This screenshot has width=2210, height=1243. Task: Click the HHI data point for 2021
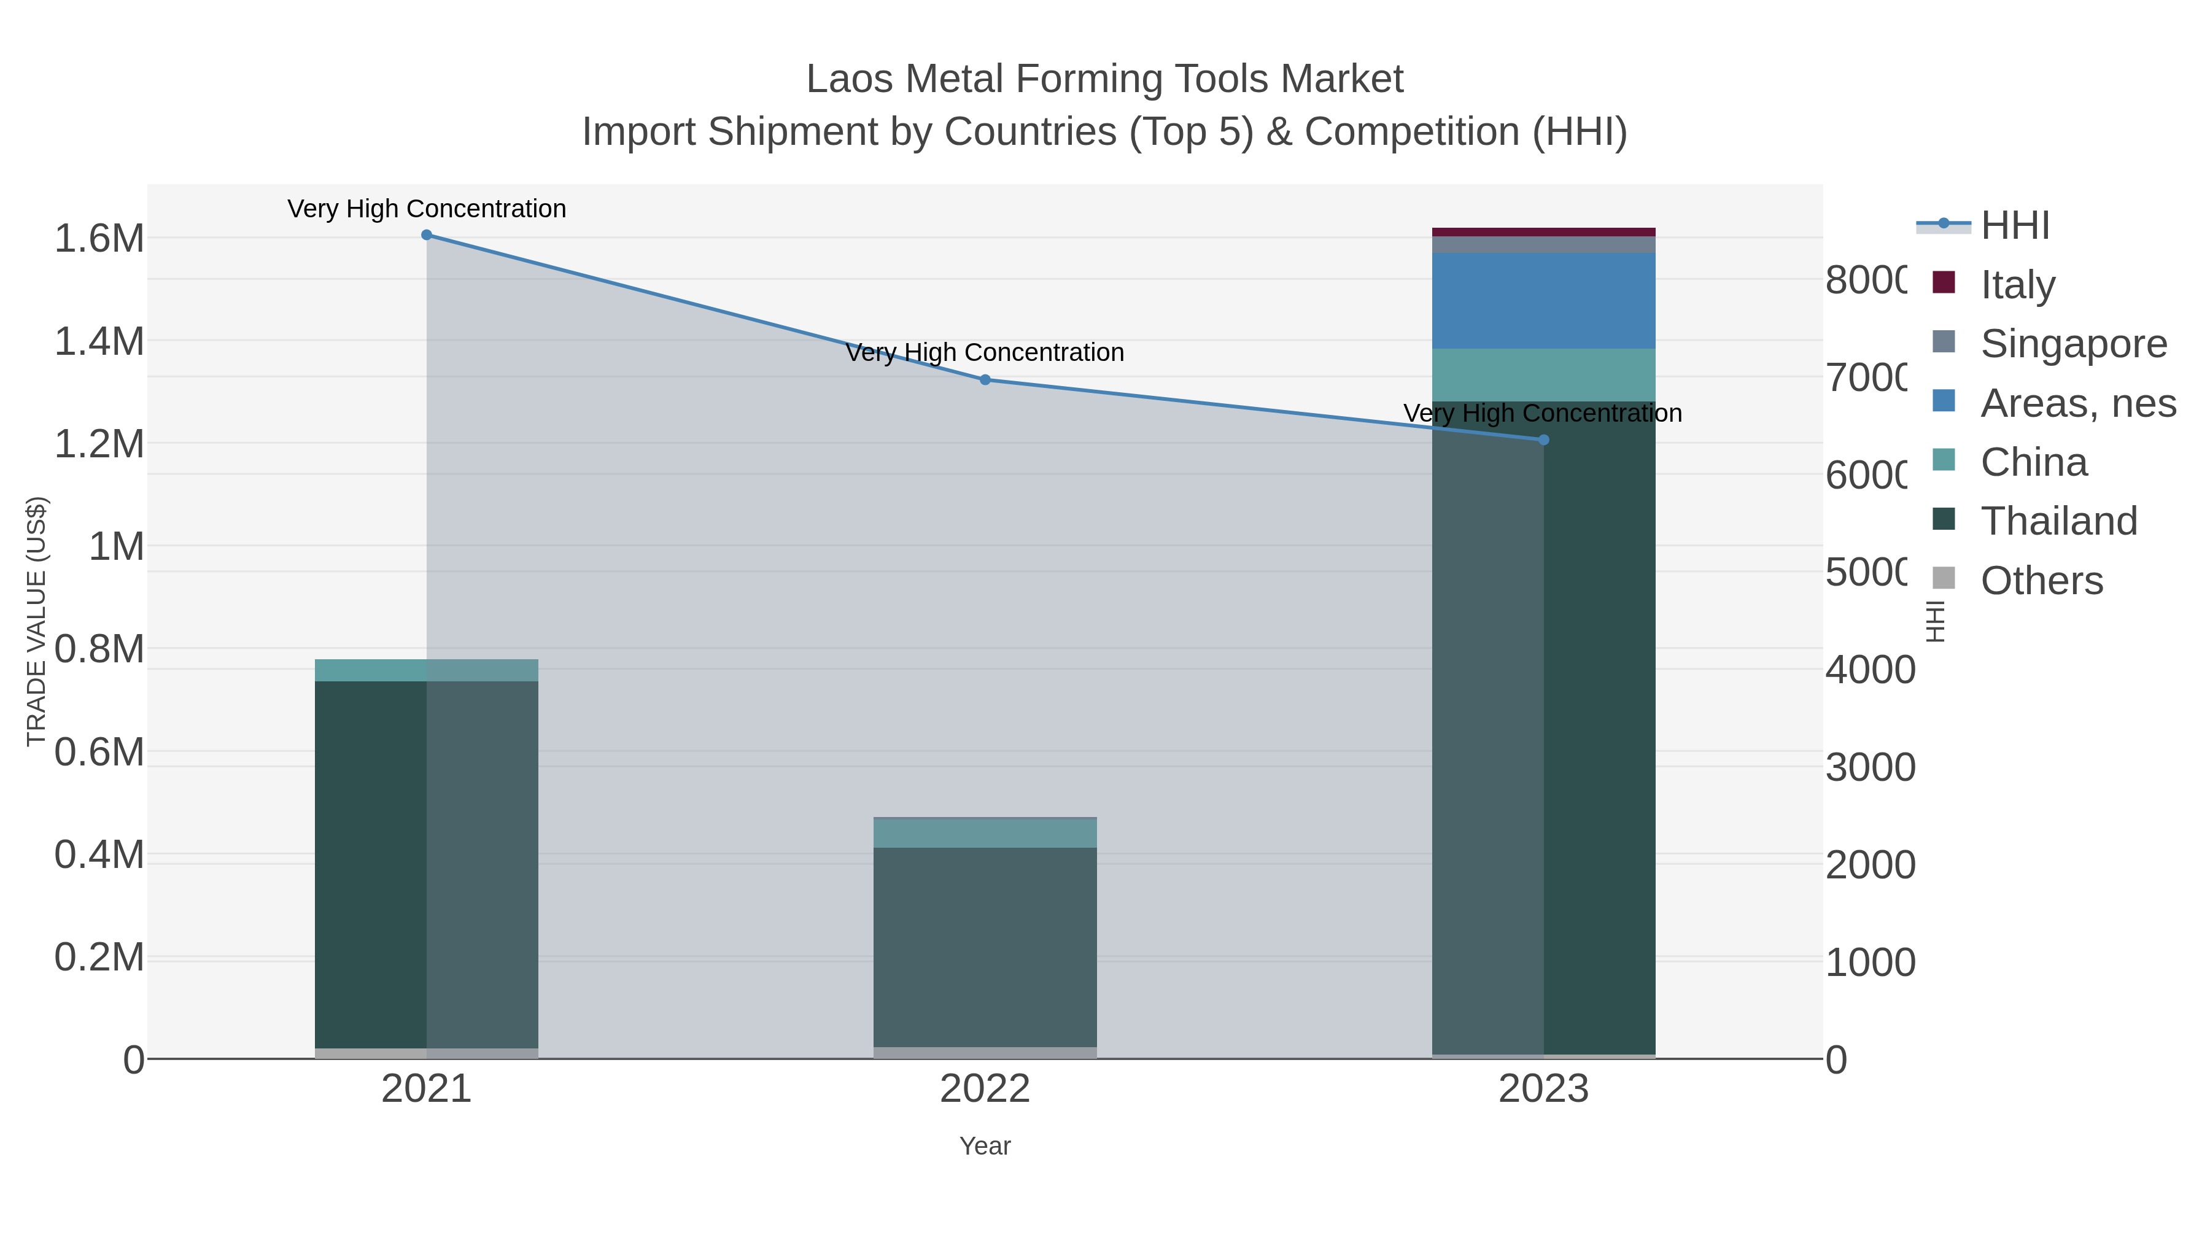pos(427,235)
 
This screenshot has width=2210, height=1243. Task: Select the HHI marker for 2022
pos(985,380)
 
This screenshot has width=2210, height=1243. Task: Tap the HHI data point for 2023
pos(1543,440)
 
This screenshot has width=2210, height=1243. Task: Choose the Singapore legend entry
pos(2072,344)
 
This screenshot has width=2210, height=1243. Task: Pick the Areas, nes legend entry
pos(2076,403)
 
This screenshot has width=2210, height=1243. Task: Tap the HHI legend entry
pos(2014,226)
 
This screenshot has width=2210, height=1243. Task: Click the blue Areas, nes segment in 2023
pos(1543,300)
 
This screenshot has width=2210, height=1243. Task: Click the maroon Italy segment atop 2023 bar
pos(1543,231)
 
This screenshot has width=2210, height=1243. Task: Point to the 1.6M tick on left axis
pos(99,239)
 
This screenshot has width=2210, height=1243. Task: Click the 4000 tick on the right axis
pos(1869,670)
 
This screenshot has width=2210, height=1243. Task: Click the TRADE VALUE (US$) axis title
pos(37,621)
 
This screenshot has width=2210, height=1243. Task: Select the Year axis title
pos(985,1146)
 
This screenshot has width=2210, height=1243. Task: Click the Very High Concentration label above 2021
pos(427,209)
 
